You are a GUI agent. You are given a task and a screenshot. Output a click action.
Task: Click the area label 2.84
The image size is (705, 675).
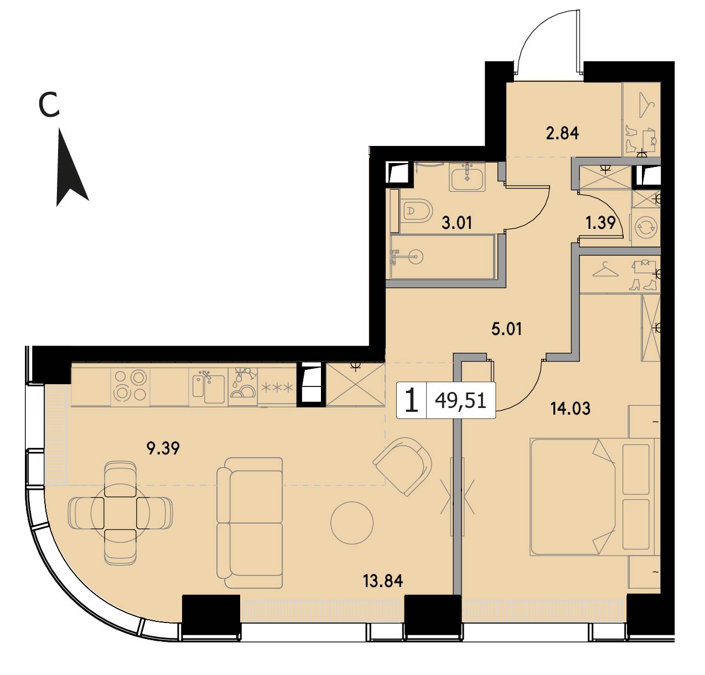[x=562, y=133]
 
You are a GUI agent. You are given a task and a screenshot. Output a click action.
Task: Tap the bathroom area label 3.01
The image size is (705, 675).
[x=457, y=223]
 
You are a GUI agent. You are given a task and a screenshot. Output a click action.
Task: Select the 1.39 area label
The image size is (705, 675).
[x=600, y=222]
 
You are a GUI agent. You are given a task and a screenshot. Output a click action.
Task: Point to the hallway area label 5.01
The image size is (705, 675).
[x=506, y=329]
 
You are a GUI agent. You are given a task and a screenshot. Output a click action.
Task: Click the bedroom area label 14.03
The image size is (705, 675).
[x=570, y=408]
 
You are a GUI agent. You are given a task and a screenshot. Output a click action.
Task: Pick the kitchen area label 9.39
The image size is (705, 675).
[x=163, y=449]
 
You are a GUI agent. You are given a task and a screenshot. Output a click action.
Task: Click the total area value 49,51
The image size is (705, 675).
[x=460, y=401]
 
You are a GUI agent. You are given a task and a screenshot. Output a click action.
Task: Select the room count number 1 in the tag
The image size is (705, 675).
[x=412, y=400]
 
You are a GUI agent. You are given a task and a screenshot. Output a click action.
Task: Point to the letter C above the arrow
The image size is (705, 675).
[x=49, y=104]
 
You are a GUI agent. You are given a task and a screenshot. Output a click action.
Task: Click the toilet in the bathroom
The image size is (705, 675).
[x=417, y=211]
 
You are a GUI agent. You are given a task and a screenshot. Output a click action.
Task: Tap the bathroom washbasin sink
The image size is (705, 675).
[x=468, y=177]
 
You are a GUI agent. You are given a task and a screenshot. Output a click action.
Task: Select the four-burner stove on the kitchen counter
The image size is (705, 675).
[x=130, y=386]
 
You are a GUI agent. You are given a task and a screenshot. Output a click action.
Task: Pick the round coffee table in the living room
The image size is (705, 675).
[x=352, y=522]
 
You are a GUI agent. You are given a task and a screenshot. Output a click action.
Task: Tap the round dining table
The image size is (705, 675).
[x=120, y=513]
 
